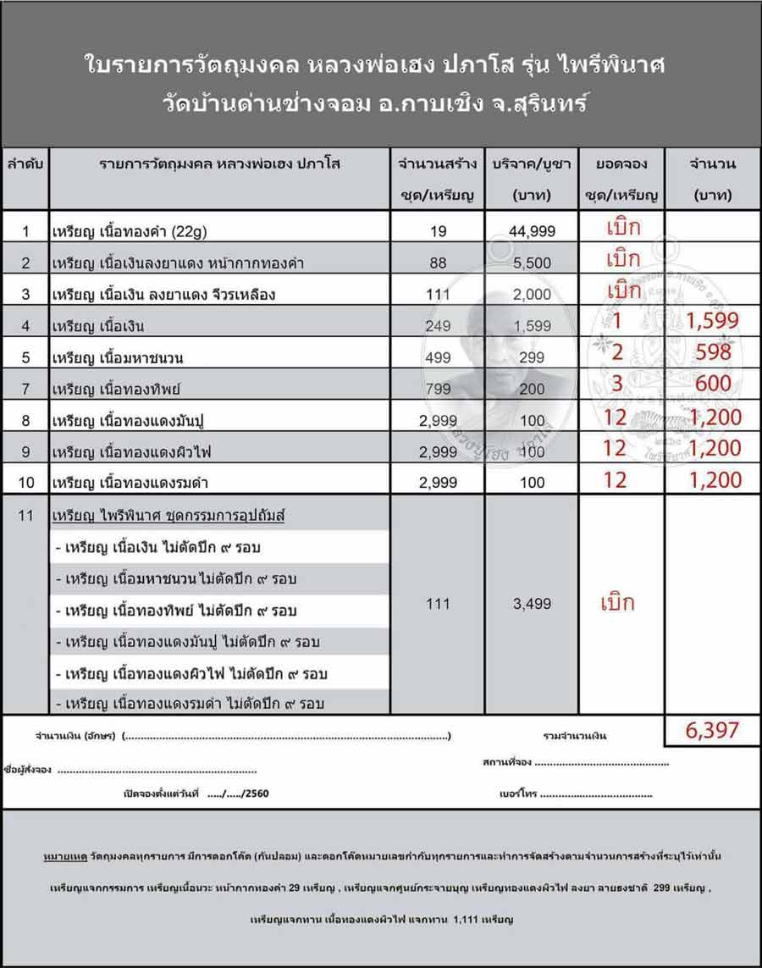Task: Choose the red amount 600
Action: (713, 384)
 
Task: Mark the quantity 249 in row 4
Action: (438, 326)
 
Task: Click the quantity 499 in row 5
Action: (438, 358)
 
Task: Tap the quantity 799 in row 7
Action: (438, 389)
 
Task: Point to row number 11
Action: (26, 515)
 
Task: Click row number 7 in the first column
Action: (26, 389)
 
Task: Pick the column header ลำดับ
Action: (26, 164)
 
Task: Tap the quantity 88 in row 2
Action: (438, 263)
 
